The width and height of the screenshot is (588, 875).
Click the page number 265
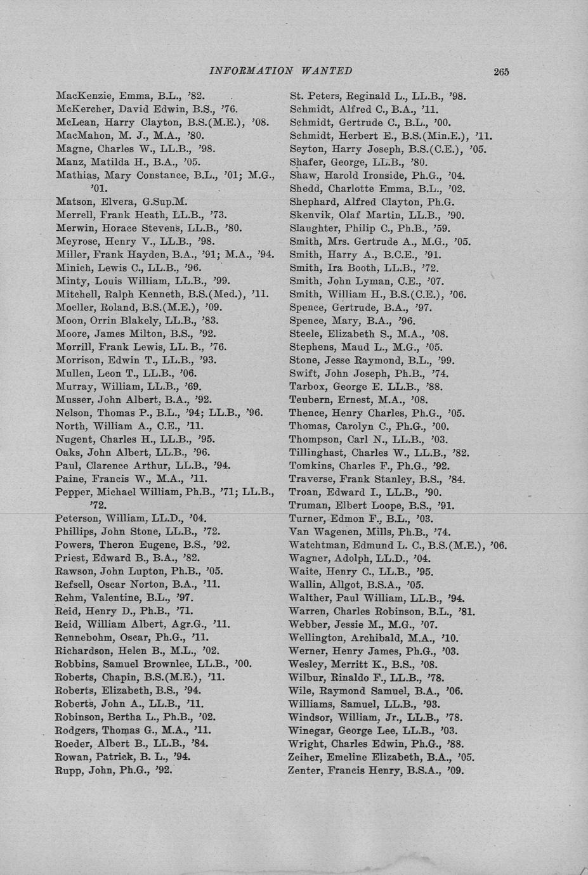pos(501,72)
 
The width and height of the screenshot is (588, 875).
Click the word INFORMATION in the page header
pos(251,71)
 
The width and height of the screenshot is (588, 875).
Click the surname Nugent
pos(74,439)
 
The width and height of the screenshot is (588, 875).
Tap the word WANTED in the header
pos(327,71)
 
